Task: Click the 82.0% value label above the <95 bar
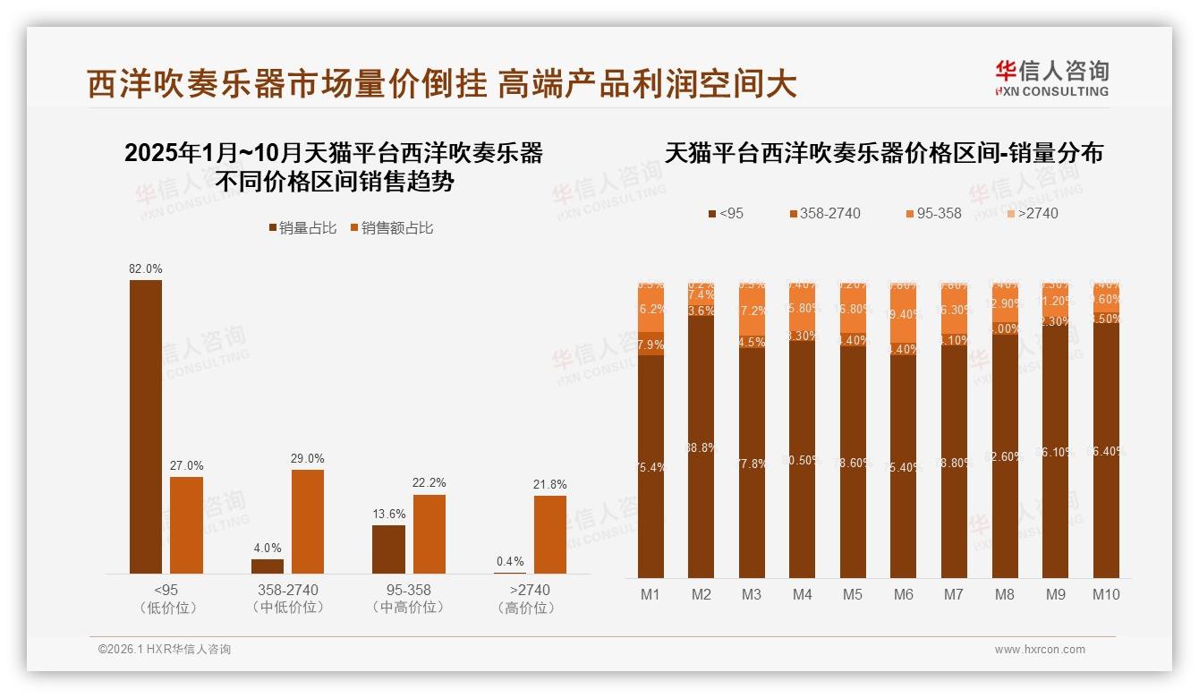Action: tap(146, 268)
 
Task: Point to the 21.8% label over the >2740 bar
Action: tap(550, 484)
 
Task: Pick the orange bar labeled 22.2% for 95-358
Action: tap(429, 534)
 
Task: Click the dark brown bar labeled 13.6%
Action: tap(388, 549)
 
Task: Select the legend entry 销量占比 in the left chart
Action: tap(302, 228)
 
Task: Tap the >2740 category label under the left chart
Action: tap(530, 591)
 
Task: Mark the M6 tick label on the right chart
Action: tap(904, 594)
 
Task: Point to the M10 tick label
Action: tap(1106, 594)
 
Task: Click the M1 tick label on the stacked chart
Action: tap(651, 594)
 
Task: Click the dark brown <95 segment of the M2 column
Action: tap(702, 447)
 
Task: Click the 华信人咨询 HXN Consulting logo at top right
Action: tap(1051, 78)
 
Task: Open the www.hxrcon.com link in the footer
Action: tap(1040, 650)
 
